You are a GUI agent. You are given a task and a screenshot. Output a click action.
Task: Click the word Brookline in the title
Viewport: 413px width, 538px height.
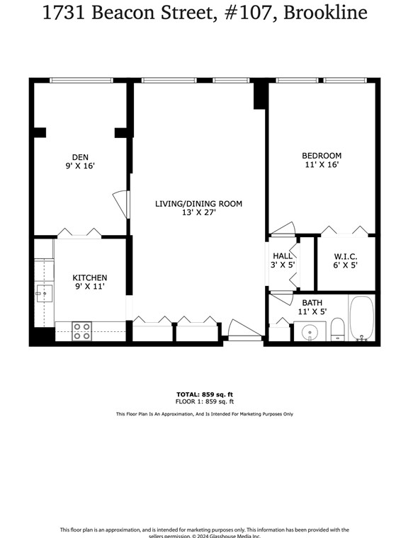pyautogui.click(x=325, y=13)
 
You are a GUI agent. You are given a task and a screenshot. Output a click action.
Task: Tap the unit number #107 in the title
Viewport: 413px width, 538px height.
pyautogui.click(x=249, y=13)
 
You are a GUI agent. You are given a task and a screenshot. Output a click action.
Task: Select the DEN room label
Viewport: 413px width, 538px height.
pyautogui.click(x=80, y=157)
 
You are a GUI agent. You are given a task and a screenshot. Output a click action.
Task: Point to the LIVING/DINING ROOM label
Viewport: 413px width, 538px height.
pyautogui.click(x=198, y=204)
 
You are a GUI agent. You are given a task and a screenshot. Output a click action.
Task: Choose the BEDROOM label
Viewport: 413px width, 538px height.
pyautogui.click(x=322, y=156)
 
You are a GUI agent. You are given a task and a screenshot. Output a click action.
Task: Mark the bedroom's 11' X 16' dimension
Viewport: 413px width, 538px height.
pyautogui.click(x=322, y=165)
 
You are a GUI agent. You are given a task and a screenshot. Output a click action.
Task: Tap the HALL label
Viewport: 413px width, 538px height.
pyautogui.click(x=283, y=256)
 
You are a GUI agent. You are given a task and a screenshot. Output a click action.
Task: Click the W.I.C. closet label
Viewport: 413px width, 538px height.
pyautogui.click(x=345, y=256)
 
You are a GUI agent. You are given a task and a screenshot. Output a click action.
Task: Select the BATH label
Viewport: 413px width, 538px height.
pyautogui.click(x=312, y=302)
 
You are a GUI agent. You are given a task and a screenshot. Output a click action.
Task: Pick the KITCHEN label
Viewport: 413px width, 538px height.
pyautogui.click(x=90, y=278)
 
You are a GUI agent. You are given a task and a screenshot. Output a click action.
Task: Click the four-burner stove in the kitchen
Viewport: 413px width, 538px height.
pyautogui.click(x=82, y=331)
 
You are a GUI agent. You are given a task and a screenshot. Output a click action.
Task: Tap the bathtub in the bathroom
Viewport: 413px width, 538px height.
pyautogui.click(x=361, y=319)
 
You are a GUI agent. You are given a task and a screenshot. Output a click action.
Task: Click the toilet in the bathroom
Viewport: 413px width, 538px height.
pyautogui.click(x=337, y=328)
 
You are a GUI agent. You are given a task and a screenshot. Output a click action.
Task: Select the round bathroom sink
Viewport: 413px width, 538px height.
pyautogui.click(x=310, y=331)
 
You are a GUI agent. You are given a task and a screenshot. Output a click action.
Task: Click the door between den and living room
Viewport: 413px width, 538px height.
pyautogui.click(x=122, y=204)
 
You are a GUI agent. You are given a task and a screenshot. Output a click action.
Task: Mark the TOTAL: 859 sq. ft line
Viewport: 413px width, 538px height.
pyautogui.click(x=205, y=394)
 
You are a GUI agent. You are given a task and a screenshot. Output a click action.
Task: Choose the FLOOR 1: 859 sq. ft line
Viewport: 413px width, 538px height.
pyautogui.click(x=205, y=401)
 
